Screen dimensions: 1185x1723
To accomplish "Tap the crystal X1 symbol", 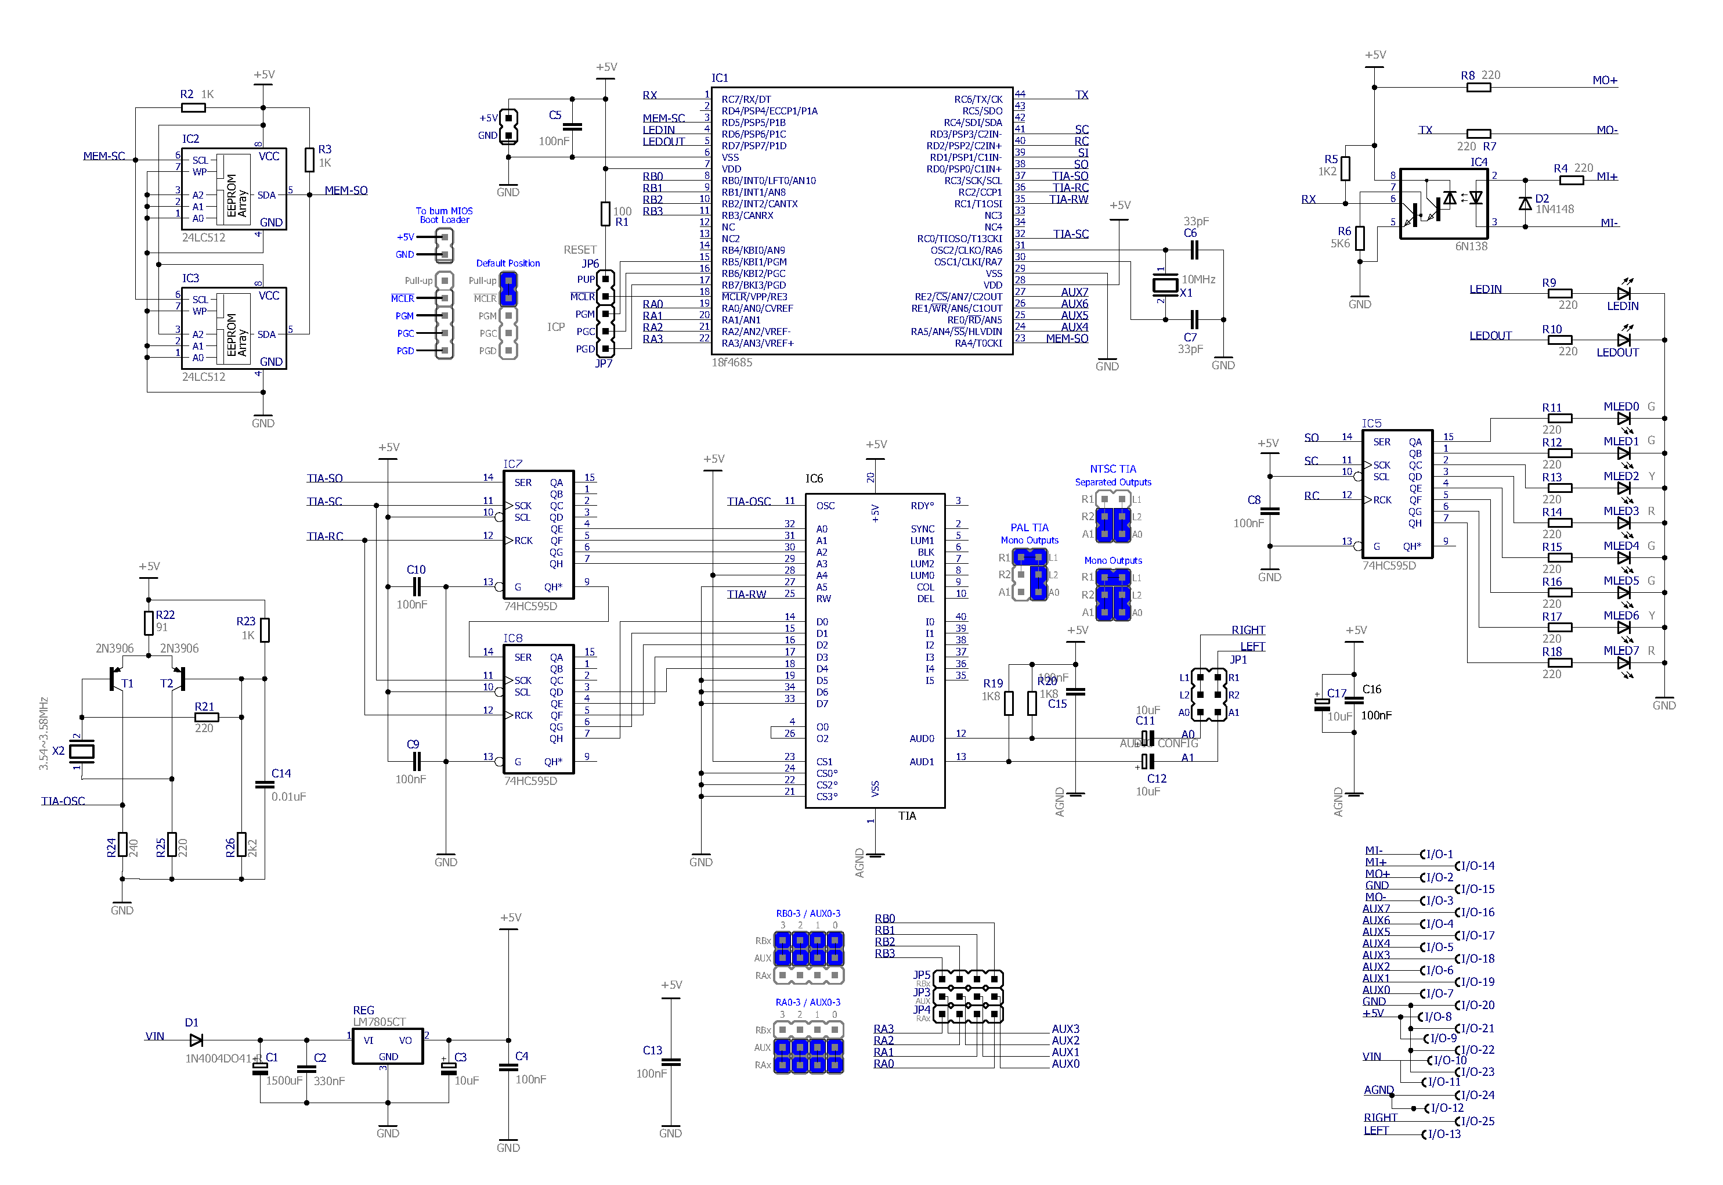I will coord(1165,284).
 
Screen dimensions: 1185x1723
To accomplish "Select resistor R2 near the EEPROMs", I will coord(194,107).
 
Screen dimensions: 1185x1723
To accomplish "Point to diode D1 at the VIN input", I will coord(196,1040).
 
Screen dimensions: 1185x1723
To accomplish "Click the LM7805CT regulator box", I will coord(387,1046).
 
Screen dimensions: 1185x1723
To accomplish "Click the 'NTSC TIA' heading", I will coord(1112,469).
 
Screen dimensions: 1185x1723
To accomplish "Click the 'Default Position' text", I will coord(508,264).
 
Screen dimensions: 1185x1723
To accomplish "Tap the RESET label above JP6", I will coord(580,250).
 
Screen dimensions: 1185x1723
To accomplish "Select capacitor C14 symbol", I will coord(264,784).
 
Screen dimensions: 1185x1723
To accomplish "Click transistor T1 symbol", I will coord(115,679).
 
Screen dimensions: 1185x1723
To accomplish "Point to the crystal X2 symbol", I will coord(82,751).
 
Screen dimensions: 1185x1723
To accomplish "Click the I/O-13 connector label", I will coord(1443,1134).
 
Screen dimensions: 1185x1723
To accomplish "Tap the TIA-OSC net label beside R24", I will coord(63,801).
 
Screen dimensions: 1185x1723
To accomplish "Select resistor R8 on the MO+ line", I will coord(1478,88).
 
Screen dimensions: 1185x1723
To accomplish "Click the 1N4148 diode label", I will coord(1555,210).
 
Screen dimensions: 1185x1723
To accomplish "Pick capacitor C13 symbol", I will coord(670,1062).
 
